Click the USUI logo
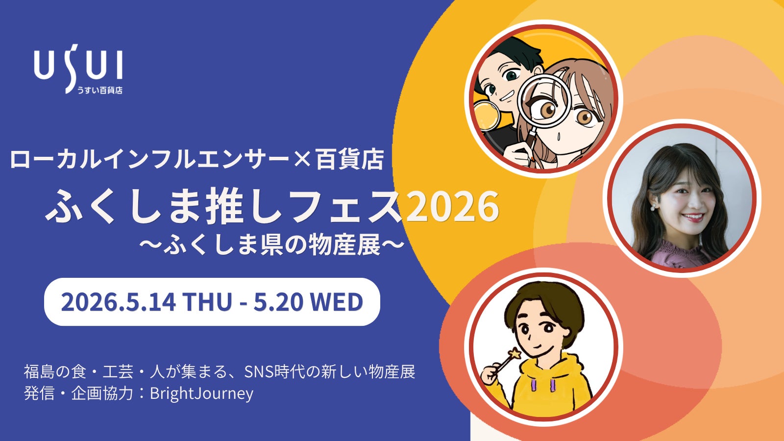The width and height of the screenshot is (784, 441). click(78, 66)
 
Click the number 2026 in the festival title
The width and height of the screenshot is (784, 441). click(453, 206)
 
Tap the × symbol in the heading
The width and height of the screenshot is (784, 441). click(304, 159)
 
